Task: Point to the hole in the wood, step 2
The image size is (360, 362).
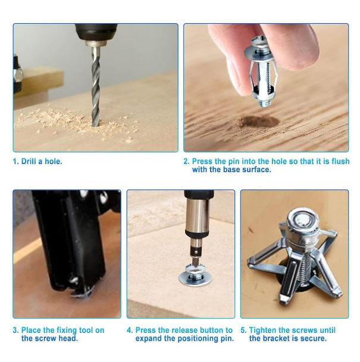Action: [259, 121]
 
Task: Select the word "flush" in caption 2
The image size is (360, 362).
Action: [337, 161]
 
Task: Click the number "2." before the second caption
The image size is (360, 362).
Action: [186, 161]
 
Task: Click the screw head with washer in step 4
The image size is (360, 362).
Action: [196, 277]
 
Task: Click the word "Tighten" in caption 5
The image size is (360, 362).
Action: [264, 330]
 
